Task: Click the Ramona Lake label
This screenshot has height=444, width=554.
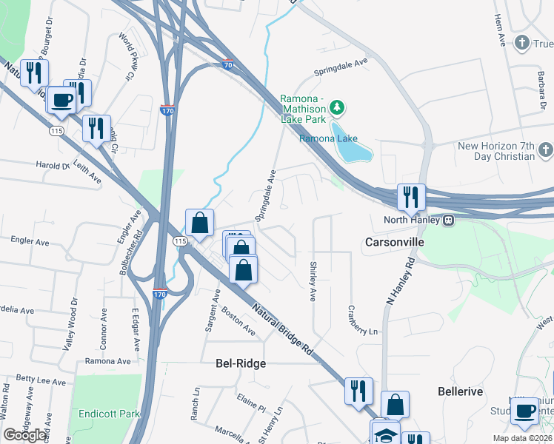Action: [328, 138]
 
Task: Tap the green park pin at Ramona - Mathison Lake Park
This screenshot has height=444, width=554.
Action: [338, 108]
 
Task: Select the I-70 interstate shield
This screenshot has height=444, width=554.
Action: [228, 66]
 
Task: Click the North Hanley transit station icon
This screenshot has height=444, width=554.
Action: [448, 220]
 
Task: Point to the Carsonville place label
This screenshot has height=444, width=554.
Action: [394, 242]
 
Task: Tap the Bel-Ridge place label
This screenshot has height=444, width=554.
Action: [240, 363]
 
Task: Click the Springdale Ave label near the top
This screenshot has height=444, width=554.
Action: [341, 67]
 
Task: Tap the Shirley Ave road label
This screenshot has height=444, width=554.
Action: [313, 281]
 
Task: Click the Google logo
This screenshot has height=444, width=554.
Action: [25, 435]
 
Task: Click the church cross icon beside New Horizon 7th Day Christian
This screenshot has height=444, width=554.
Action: [544, 151]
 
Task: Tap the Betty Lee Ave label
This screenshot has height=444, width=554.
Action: [41, 380]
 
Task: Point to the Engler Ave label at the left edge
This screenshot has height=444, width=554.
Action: [30, 241]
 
